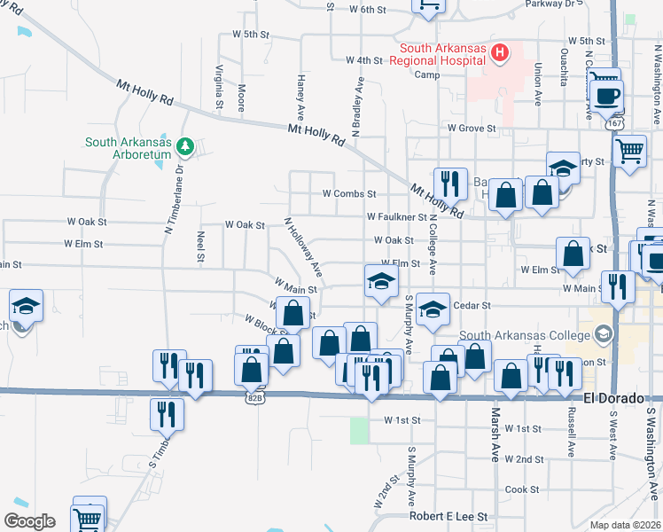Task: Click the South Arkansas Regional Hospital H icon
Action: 500,53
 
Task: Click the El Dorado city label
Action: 613,398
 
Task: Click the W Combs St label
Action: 349,193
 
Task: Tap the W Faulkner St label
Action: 396,216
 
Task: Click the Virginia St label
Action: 219,87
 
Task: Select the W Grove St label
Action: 471,129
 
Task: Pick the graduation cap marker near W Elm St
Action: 381,282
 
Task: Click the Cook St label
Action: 516,489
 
